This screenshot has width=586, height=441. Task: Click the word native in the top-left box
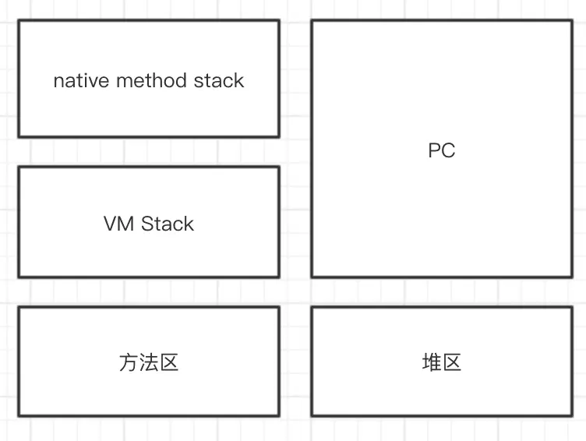pyautogui.click(x=80, y=81)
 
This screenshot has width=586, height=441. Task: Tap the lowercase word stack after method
pyautogui.click(x=221, y=81)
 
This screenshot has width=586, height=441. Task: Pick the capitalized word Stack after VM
pyautogui.click(x=168, y=224)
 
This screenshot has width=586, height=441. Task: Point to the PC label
pyautogui.click(x=441, y=151)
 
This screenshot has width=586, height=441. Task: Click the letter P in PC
pyautogui.click(x=435, y=151)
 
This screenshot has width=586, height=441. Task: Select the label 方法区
pyautogui.click(x=149, y=362)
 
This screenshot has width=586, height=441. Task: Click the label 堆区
pyautogui.click(x=441, y=362)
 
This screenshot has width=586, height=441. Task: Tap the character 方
pyautogui.click(x=129, y=362)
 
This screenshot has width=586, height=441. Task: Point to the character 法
pyautogui.click(x=149, y=362)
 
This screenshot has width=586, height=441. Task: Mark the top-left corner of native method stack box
pyautogui.click(x=19, y=21)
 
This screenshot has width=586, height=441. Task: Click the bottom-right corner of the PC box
pyautogui.click(x=572, y=277)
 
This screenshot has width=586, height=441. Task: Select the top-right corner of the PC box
pyautogui.click(x=572, y=21)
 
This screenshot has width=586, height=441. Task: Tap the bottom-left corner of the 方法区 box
pyautogui.click(x=19, y=415)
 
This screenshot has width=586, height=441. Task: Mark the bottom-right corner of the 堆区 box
pyautogui.click(x=572, y=415)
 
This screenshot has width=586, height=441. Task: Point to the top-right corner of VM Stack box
pyautogui.click(x=279, y=167)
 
